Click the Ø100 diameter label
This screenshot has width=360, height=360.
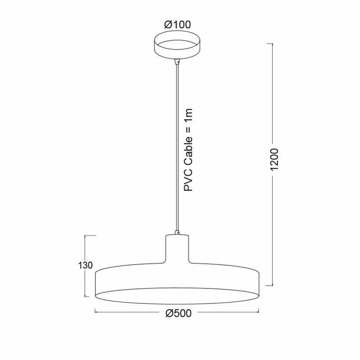pyautogui.click(x=177, y=25)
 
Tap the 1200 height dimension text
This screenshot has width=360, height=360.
pyautogui.click(x=274, y=160)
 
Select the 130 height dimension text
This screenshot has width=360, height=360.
pyautogui.click(x=85, y=265)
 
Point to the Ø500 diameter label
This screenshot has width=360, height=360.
pyautogui.click(x=178, y=313)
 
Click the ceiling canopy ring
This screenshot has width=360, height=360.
pyautogui.click(x=177, y=44)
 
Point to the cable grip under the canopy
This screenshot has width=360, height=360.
pyautogui.click(x=177, y=62)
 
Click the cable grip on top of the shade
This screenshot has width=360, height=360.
pyautogui.click(x=177, y=232)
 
